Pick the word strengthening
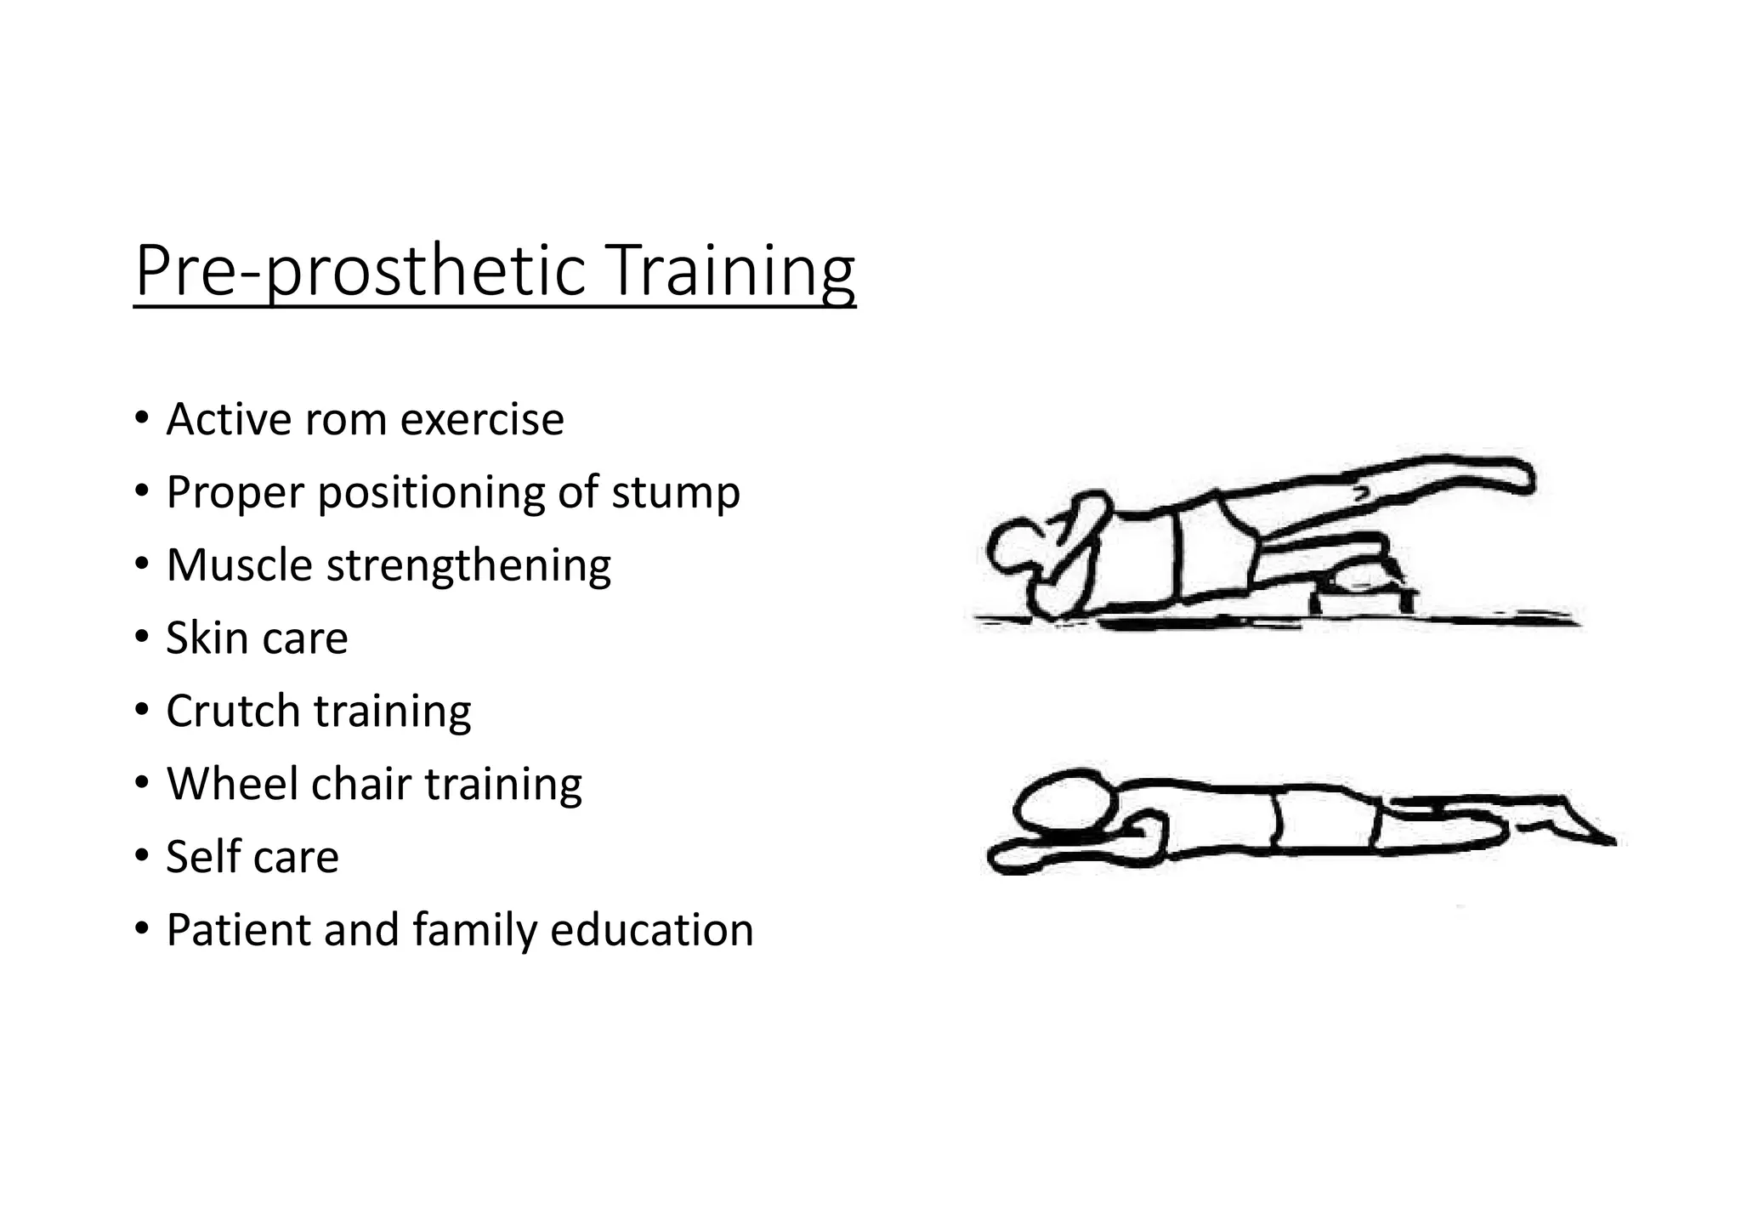point(468,566)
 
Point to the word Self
point(197,856)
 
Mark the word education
point(652,929)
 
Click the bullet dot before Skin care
point(140,638)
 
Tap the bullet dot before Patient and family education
point(140,929)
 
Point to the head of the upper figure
point(1016,548)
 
